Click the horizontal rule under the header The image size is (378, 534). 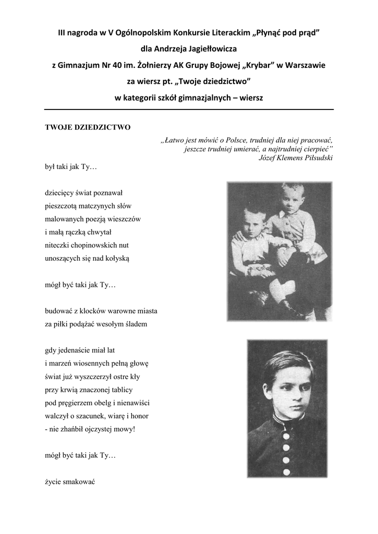(x=189, y=110)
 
